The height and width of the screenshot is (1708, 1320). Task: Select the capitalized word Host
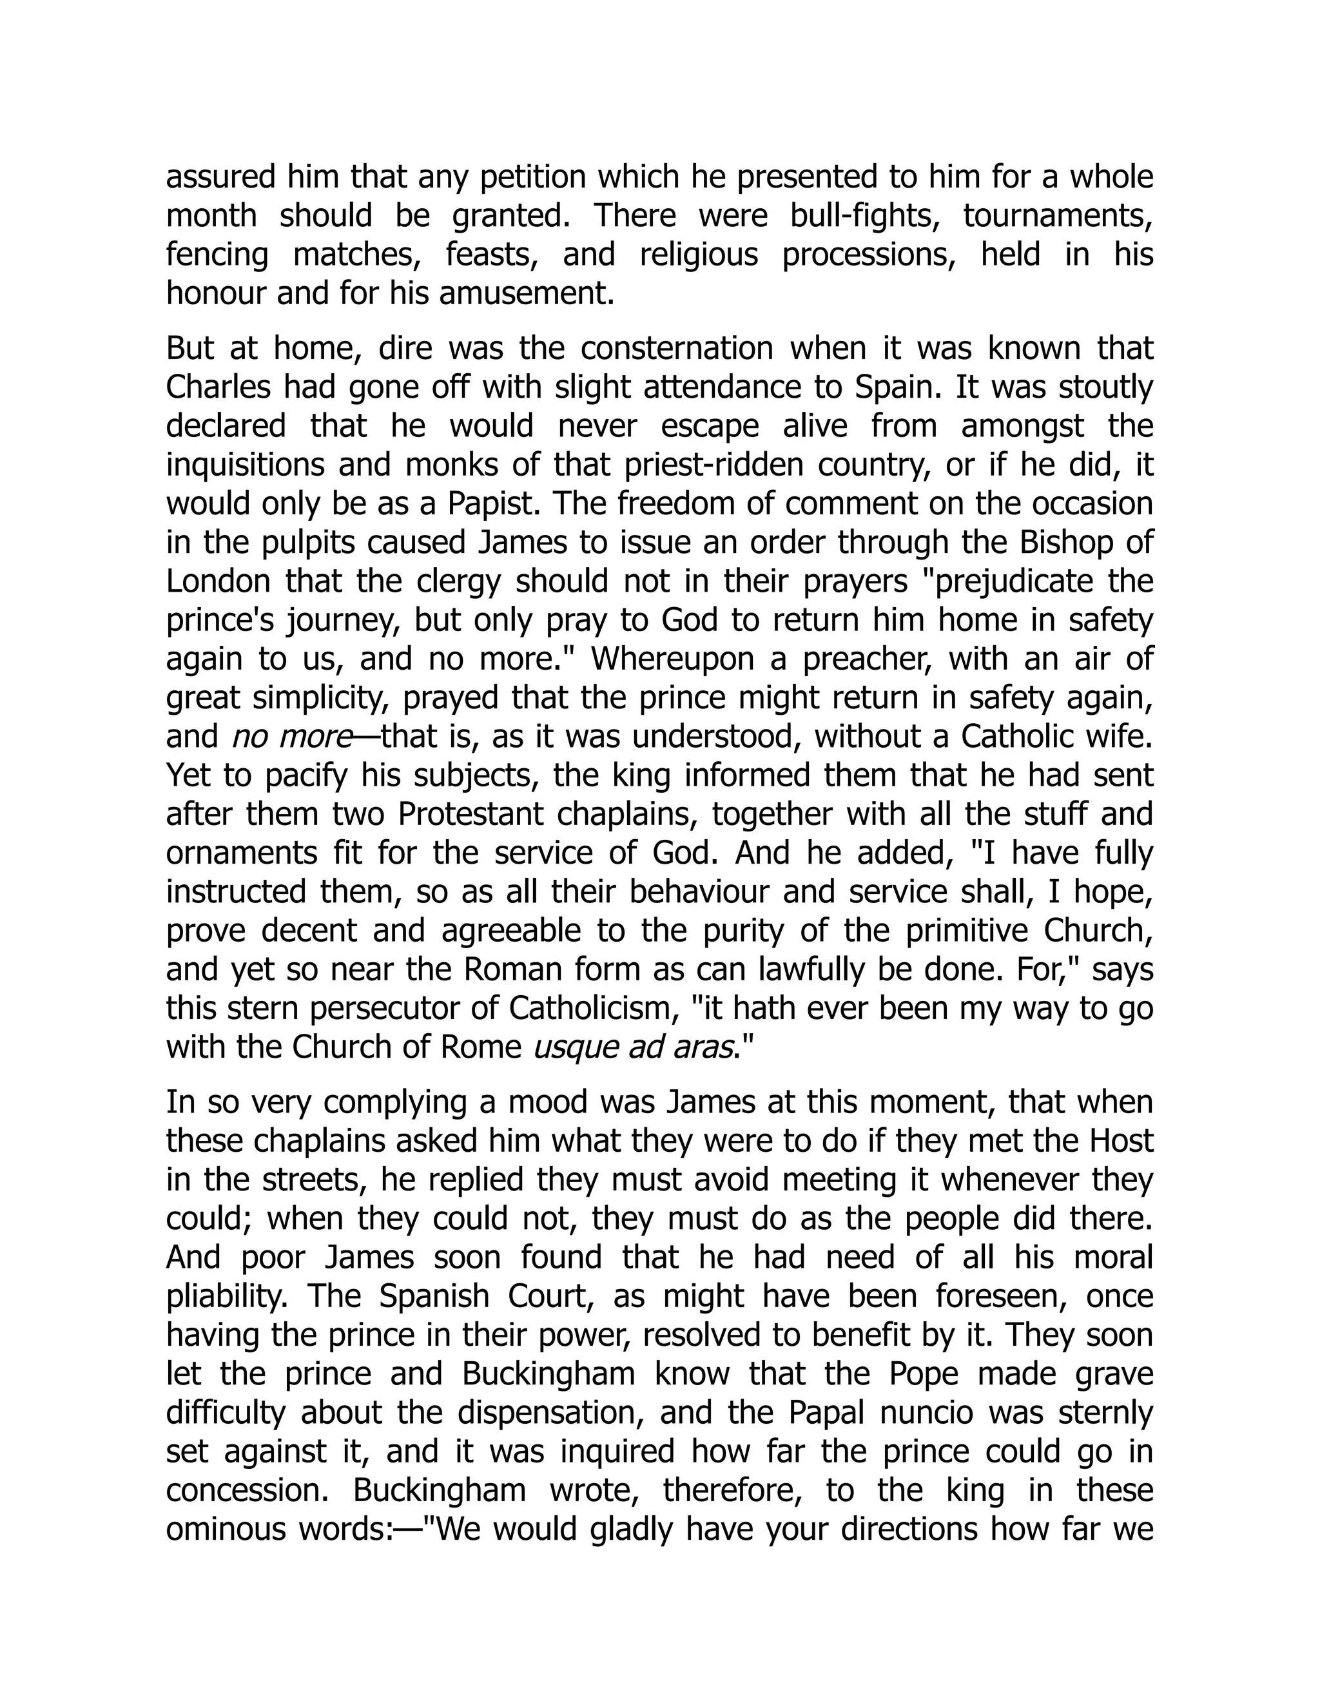click(1122, 1141)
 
